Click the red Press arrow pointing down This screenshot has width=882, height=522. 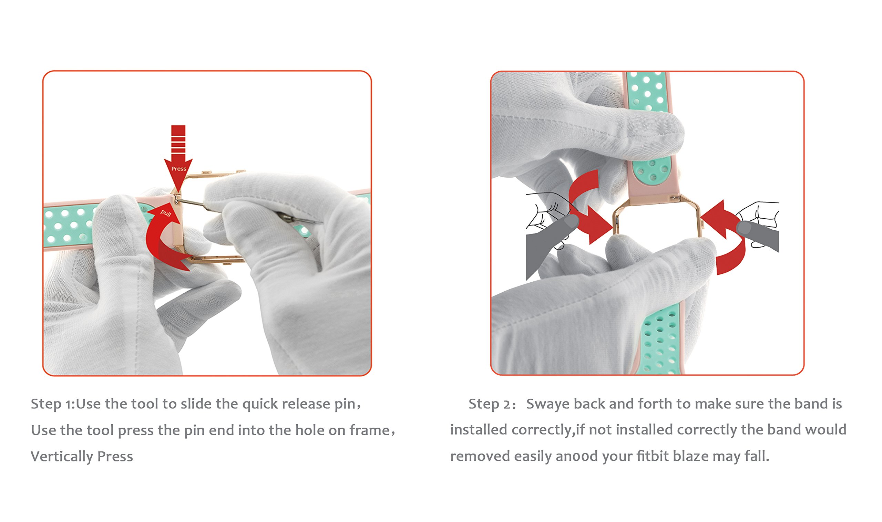(x=178, y=158)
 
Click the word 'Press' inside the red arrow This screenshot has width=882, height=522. (x=179, y=169)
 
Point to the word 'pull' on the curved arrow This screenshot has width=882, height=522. (x=166, y=213)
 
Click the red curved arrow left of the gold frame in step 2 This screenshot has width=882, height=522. (x=588, y=208)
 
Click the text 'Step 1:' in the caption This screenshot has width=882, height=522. (x=53, y=404)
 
